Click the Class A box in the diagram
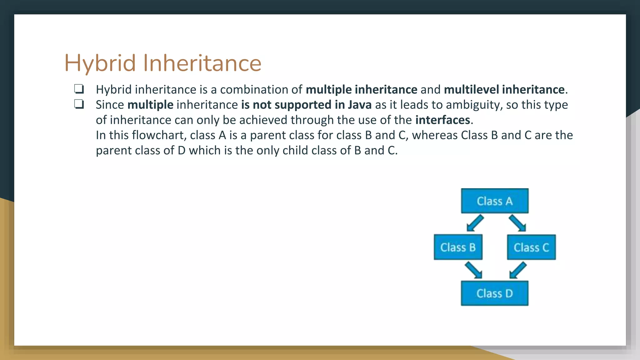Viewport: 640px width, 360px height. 495,201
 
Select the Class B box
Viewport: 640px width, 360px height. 458,247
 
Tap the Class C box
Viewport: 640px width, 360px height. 531,247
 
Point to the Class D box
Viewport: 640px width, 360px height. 495,293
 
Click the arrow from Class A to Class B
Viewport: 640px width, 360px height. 475,223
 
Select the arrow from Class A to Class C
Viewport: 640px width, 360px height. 517,223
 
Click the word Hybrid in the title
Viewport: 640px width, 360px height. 100,63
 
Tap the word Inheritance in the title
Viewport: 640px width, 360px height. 202,63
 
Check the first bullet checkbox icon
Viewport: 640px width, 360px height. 79,89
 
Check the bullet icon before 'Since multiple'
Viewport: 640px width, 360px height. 79,104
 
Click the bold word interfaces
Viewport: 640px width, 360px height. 442,120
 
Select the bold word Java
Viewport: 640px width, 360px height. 360,105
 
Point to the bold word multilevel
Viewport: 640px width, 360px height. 471,90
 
